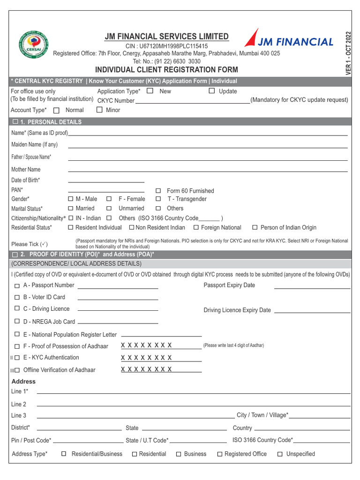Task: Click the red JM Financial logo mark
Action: click(251, 38)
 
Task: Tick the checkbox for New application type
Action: click(150, 90)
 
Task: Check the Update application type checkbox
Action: click(212, 90)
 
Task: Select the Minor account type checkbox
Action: click(99, 110)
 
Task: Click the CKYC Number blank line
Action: click(193, 101)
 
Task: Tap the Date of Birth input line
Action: click(106, 181)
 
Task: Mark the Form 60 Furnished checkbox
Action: click(158, 191)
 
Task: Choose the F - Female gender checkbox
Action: click(109, 199)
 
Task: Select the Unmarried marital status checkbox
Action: click(109, 208)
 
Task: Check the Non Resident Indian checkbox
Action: click(132, 227)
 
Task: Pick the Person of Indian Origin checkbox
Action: click(255, 227)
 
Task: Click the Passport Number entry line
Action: click(118, 287)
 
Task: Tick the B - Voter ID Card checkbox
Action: click(17, 297)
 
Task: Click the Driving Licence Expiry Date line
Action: click(312, 312)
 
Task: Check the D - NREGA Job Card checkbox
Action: click(17, 322)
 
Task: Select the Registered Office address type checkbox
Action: click(220, 454)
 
